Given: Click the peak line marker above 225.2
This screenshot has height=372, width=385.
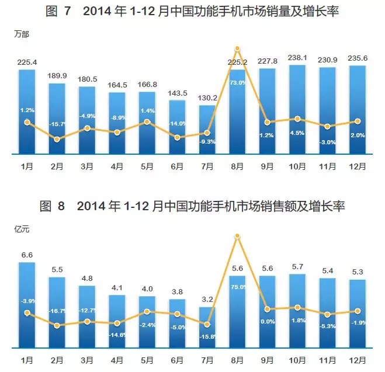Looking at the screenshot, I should (x=237, y=48).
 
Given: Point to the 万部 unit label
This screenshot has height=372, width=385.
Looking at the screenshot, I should (x=22, y=34).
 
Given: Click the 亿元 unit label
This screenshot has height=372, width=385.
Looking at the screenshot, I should (x=22, y=229).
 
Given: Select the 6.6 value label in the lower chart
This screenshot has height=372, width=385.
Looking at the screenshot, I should (x=26, y=255).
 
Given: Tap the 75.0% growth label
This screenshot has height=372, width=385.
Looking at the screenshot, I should (x=237, y=287).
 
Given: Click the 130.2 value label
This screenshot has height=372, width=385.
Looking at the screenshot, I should (x=207, y=98).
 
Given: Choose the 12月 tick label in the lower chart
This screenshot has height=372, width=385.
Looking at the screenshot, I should (x=358, y=359).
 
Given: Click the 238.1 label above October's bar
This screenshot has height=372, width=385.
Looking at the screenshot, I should (x=297, y=57).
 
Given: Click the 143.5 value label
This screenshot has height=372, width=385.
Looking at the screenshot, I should (x=177, y=93).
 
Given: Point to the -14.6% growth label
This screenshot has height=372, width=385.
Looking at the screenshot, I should (x=117, y=335).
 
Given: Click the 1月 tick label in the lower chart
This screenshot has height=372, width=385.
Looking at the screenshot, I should (x=26, y=359).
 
